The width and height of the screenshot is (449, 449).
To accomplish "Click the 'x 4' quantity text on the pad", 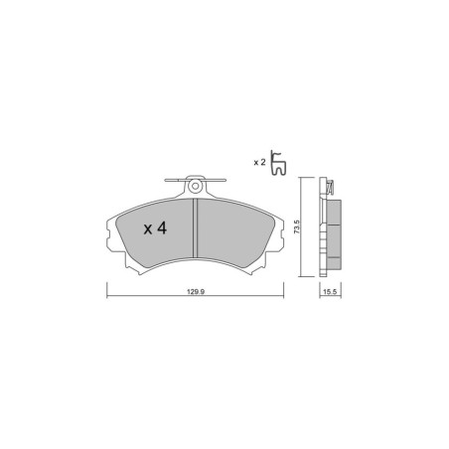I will [x=153, y=229].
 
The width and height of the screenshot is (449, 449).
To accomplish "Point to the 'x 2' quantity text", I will [x=259, y=161].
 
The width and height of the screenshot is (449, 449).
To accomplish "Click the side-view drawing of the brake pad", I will [x=328, y=228].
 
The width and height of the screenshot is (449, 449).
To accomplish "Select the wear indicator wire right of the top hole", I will [x=219, y=182].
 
